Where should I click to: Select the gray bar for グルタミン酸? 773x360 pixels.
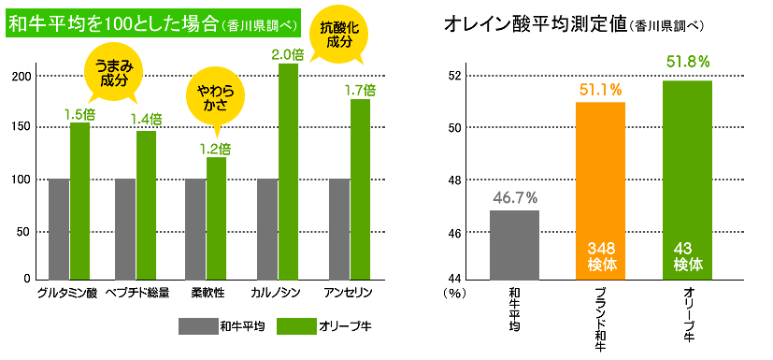pyautogui.click(x=59, y=228)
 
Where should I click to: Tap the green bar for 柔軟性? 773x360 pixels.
pyautogui.click(x=216, y=218)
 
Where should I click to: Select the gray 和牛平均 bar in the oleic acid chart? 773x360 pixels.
pyautogui.click(x=514, y=244)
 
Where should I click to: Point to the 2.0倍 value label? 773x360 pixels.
pyautogui.click(x=288, y=55)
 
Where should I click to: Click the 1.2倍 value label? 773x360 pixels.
pyautogui.click(x=216, y=148)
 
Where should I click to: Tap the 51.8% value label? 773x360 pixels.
pyautogui.click(x=688, y=62)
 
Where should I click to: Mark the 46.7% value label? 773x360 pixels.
pyautogui.click(x=514, y=197)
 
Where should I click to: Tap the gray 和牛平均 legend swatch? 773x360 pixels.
pyautogui.click(x=197, y=325)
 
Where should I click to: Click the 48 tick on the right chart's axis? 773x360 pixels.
pyautogui.click(x=453, y=180)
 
